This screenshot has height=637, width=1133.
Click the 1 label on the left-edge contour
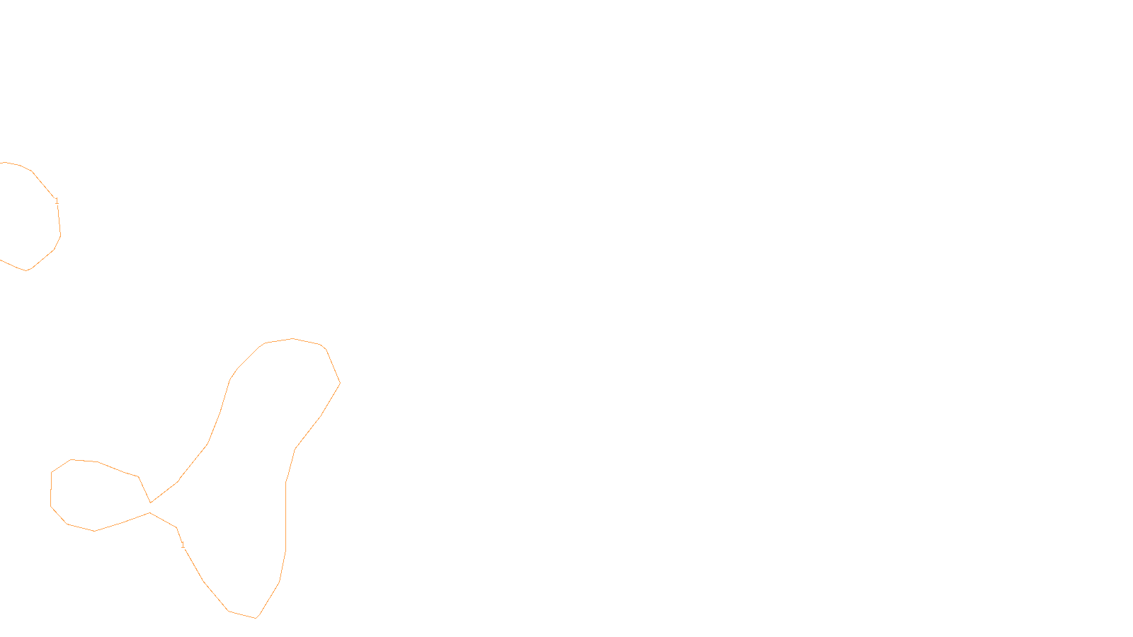coord(57,201)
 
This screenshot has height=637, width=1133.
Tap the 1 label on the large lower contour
coord(183,545)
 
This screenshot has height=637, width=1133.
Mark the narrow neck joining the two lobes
coord(150,507)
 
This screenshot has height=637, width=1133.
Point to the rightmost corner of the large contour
coord(340,384)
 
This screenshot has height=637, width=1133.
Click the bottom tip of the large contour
coord(256,618)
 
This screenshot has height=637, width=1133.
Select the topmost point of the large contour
coord(292,338)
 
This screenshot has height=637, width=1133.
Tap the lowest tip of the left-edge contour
coord(27,270)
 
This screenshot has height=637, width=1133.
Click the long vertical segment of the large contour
coord(285,517)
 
